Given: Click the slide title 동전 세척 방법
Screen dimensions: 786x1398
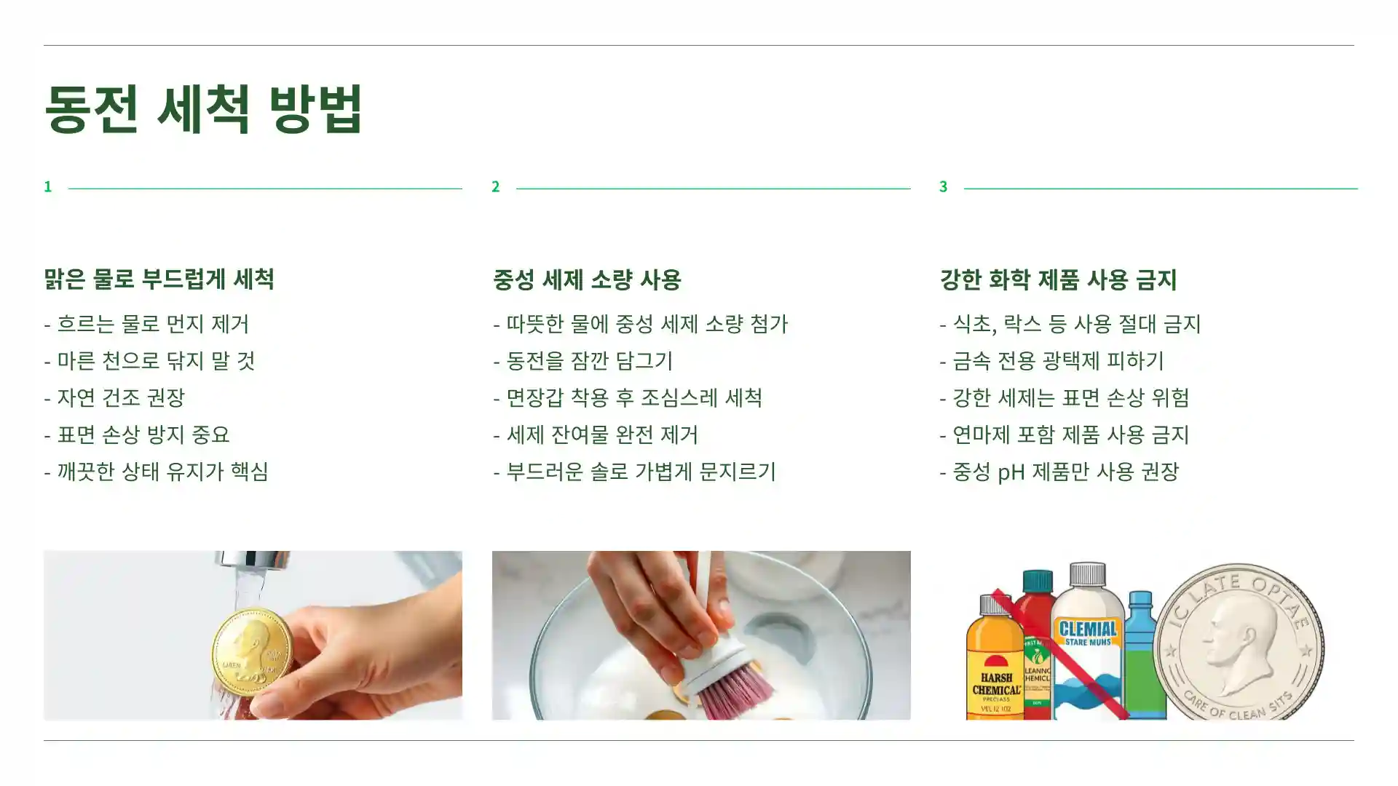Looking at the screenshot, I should (x=203, y=109).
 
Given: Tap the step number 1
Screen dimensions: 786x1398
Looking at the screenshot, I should (x=48, y=187).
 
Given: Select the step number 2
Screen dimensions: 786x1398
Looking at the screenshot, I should (x=496, y=187).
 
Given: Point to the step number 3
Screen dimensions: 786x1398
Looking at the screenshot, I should (x=944, y=187).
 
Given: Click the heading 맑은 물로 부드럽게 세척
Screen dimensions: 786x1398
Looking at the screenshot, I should (x=159, y=279).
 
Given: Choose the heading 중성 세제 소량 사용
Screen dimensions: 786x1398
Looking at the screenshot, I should (x=587, y=279).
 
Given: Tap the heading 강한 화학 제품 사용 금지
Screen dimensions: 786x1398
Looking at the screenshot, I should (x=1058, y=279).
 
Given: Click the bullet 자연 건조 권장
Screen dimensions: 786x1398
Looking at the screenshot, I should (x=121, y=397).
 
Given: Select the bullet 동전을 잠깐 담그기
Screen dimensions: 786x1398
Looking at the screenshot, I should (x=590, y=361).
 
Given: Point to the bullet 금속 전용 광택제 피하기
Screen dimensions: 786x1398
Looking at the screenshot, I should (x=1058, y=361).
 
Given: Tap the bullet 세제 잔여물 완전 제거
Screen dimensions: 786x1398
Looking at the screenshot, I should (x=602, y=435).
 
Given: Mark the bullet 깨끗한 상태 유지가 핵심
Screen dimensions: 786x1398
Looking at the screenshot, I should (x=162, y=472).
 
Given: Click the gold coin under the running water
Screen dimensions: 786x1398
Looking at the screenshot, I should (x=252, y=649).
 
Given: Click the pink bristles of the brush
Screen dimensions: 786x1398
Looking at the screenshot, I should (x=735, y=691).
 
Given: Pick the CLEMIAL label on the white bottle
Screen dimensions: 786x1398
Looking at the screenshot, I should (x=1088, y=630).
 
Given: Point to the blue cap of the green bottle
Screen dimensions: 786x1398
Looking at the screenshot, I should (x=1140, y=601).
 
